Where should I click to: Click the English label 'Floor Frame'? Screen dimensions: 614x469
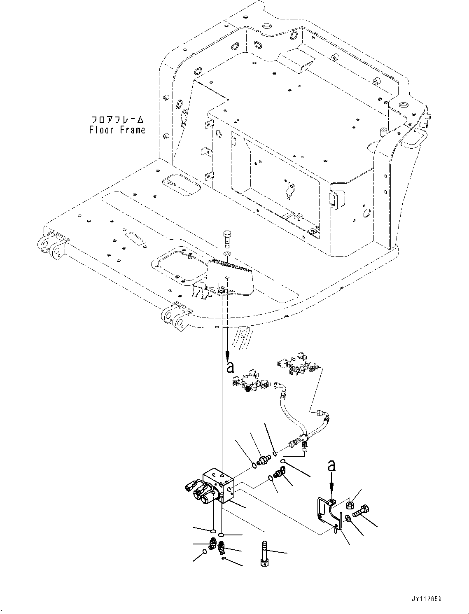pos(117,130)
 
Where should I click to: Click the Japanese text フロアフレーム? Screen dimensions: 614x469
pos(117,120)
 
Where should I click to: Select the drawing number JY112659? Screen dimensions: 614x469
pos(426,599)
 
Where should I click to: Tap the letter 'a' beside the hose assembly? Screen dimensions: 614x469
pos(231,367)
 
